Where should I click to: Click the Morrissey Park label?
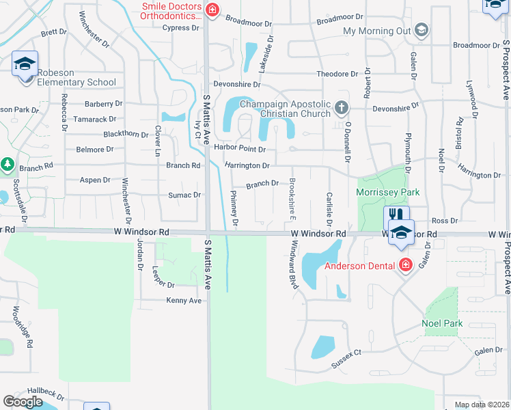tap(388, 193)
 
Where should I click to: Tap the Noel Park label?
tap(442, 323)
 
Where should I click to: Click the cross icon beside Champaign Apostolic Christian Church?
tap(342, 107)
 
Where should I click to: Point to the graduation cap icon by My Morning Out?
tap(422, 30)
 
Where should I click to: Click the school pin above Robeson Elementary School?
tap(25, 64)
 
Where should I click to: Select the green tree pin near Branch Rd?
tap(8, 165)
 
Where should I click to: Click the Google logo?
tap(23, 401)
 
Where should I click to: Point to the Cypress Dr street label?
tap(181, 28)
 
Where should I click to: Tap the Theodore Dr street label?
tap(337, 74)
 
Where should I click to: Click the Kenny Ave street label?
tap(184, 301)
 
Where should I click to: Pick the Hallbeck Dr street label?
tap(46, 396)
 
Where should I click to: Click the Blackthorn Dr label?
tap(126, 134)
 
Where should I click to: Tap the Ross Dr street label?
tap(444, 221)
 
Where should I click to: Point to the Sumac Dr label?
tap(184, 195)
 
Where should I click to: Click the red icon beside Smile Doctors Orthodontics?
tap(212, 10)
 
